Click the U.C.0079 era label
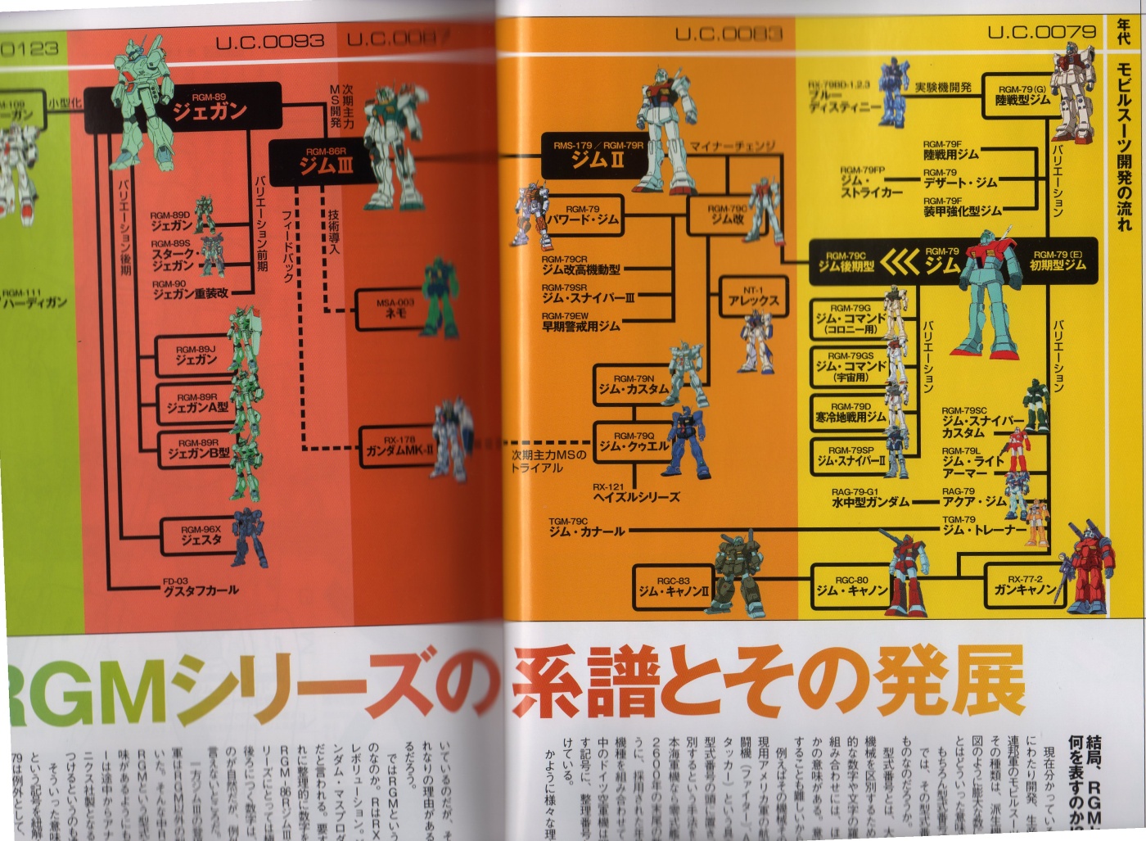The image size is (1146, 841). (1041, 32)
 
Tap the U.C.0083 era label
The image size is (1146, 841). (729, 34)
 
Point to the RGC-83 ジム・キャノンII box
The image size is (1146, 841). (673, 586)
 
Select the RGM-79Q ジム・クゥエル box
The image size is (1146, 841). (632, 443)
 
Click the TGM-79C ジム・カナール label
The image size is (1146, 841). (585, 528)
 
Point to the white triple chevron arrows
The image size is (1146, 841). (899, 262)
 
